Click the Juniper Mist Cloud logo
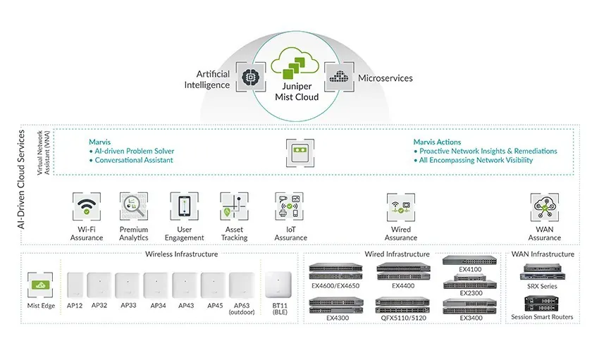click(x=295, y=63)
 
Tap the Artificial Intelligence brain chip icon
click(x=251, y=77)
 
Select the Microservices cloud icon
click(x=339, y=77)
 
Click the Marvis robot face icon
click(x=300, y=153)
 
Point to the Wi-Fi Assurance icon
click(x=87, y=206)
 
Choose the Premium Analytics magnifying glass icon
click(x=134, y=206)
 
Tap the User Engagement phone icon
click(x=184, y=206)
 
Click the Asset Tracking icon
click(x=234, y=206)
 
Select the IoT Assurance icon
click(x=289, y=206)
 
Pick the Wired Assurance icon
click(x=401, y=207)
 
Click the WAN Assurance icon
click(x=544, y=207)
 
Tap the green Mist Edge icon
click(x=40, y=285)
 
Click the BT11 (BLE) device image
click(x=278, y=285)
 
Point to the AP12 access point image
click(x=75, y=285)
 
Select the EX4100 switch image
click(x=470, y=261)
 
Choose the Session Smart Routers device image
click(x=541, y=304)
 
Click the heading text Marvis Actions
click(x=437, y=142)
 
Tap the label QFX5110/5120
click(x=403, y=318)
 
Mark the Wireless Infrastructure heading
click(x=181, y=254)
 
